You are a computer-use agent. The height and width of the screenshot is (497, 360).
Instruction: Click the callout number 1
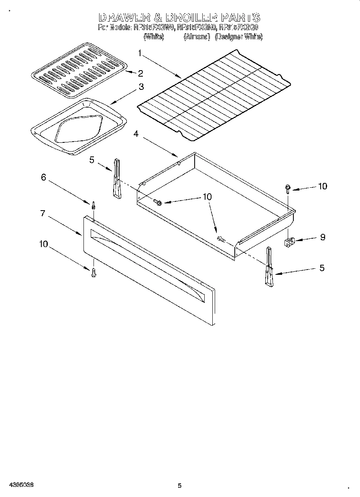click(x=140, y=53)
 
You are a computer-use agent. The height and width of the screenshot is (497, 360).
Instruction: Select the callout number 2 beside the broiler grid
click(x=140, y=73)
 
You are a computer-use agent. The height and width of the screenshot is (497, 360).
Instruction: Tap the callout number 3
click(x=141, y=87)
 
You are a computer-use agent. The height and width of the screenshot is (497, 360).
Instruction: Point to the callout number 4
click(x=136, y=134)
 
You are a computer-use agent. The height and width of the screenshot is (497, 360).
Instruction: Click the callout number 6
click(x=43, y=177)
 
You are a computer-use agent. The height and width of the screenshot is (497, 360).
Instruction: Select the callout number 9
click(x=322, y=237)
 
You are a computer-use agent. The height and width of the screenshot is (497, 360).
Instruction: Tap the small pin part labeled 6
click(x=93, y=205)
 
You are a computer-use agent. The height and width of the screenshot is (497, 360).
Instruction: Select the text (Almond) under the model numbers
click(x=197, y=37)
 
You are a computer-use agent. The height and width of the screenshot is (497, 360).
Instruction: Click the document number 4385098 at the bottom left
click(x=20, y=485)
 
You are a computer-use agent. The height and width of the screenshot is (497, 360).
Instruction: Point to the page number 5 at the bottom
click(x=179, y=486)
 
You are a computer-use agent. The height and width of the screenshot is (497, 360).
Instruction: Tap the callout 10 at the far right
click(x=322, y=186)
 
